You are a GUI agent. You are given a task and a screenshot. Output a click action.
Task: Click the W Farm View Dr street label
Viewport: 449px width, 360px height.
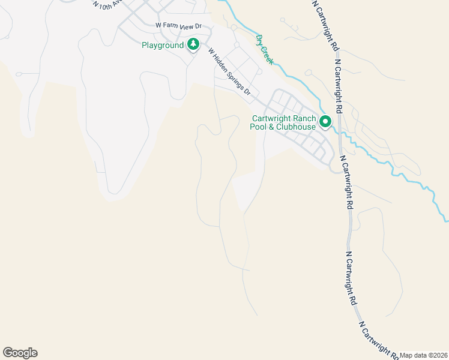[179, 26]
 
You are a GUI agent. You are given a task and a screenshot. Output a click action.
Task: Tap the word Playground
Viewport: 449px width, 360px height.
[163, 45]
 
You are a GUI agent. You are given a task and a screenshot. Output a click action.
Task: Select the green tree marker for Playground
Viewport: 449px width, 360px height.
[193, 44]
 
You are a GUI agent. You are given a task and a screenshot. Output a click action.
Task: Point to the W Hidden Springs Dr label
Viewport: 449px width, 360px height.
[229, 73]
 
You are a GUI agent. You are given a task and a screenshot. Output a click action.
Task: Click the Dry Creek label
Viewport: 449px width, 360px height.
[264, 49]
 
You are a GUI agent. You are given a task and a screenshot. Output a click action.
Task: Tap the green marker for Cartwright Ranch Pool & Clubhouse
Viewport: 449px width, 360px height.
[325, 122]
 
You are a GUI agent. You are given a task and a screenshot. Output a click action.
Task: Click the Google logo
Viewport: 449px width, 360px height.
[20, 353]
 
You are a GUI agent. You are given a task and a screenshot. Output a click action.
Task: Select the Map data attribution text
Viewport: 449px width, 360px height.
[424, 355]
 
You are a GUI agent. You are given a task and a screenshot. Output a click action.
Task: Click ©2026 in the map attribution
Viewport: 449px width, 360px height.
[438, 355]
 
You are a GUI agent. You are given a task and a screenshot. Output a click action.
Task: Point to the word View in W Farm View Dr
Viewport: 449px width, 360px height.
[188, 26]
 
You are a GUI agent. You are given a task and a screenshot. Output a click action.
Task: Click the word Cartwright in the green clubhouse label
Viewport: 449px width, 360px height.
[271, 118]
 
